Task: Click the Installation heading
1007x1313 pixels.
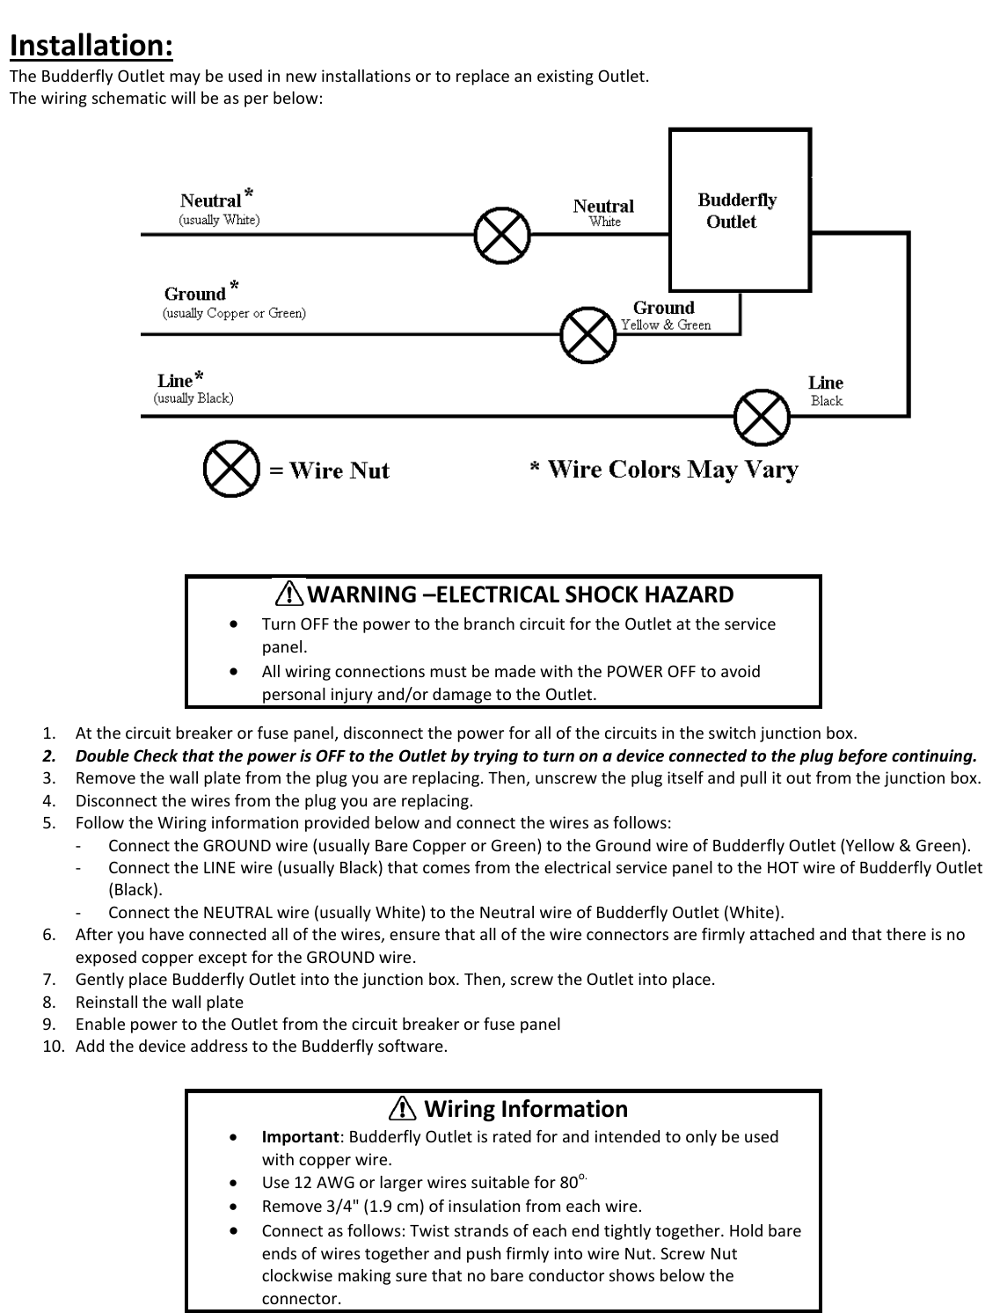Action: click(x=91, y=45)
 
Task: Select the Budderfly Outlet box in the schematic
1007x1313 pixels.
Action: click(x=740, y=210)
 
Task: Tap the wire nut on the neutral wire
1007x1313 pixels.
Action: click(x=502, y=235)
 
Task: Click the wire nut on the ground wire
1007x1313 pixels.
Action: click(x=588, y=334)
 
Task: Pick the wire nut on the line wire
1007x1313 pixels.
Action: click(x=762, y=417)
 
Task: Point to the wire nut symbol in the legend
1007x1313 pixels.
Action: click(x=231, y=470)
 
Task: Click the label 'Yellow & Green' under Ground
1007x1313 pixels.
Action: click(x=666, y=325)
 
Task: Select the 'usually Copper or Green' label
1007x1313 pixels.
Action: click(x=235, y=313)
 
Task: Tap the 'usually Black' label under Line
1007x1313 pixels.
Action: click(x=193, y=398)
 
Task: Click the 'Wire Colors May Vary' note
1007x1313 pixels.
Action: click(x=673, y=470)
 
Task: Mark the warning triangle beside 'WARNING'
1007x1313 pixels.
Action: click(x=288, y=595)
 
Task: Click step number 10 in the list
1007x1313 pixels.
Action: click(x=53, y=1047)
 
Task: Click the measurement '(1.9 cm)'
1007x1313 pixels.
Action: click(x=434, y=1206)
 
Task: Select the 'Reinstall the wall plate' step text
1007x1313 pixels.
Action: click(x=159, y=1002)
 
